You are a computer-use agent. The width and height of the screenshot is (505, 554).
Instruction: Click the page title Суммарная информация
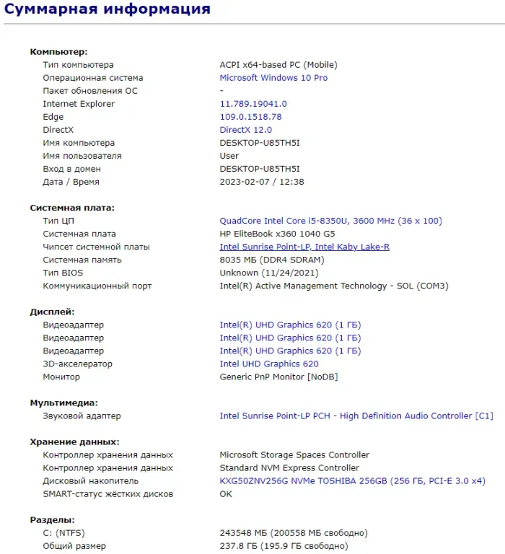[107, 9]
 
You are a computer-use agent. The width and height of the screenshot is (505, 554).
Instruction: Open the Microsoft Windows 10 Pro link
[273, 78]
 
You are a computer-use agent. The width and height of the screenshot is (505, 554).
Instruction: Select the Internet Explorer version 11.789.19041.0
[252, 104]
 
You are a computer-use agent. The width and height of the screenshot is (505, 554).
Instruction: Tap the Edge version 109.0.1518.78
[250, 117]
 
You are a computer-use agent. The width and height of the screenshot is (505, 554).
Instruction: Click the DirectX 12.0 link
[245, 130]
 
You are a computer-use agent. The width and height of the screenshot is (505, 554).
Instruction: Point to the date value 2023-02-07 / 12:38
[261, 182]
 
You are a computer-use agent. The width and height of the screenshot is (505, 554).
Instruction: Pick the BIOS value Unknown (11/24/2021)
[268, 273]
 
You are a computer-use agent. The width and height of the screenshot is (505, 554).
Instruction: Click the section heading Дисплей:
[52, 312]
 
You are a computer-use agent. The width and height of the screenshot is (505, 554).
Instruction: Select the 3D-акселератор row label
[77, 364]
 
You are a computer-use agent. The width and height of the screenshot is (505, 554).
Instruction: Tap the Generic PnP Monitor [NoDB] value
[278, 377]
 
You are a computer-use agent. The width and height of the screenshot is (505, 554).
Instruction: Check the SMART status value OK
[226, 494]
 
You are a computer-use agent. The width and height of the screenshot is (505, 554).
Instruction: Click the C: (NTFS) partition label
[63, 533]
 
